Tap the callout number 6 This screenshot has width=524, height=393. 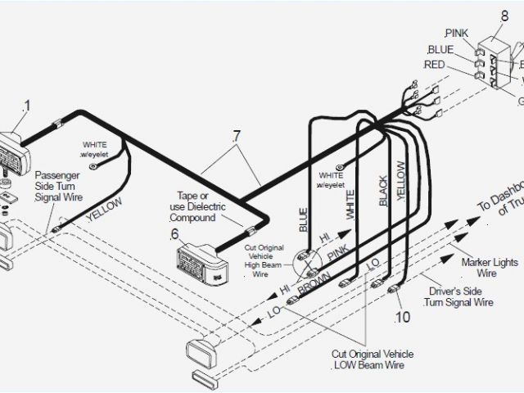point(174,234)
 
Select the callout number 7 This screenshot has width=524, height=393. point(237,135)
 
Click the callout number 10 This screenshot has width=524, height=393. point(402,316)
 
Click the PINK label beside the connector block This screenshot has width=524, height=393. point(455,34)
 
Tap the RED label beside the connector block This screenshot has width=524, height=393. point(435,65)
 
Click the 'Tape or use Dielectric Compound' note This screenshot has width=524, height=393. point(196,206)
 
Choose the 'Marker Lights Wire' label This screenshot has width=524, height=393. point(489,268)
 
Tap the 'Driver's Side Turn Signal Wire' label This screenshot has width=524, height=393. point(458,296)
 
